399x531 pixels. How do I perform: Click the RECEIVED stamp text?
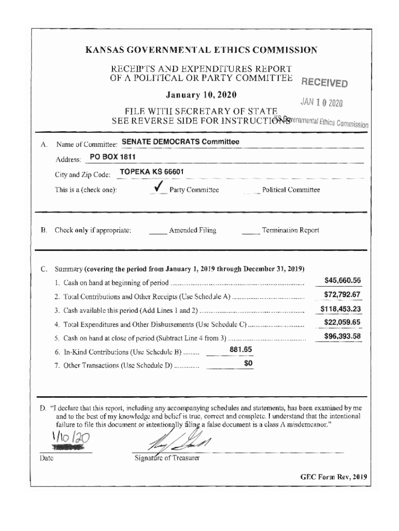(324, 83)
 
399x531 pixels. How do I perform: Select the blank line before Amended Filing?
(158, 231)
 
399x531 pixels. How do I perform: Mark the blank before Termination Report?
(251, 231)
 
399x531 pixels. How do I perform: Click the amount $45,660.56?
(342, 281)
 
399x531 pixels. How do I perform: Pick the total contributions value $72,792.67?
(342, 295)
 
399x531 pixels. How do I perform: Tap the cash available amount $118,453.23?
(340, 310)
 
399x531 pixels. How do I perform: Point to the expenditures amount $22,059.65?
(342, 323)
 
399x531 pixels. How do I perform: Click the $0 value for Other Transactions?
(248, 364)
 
